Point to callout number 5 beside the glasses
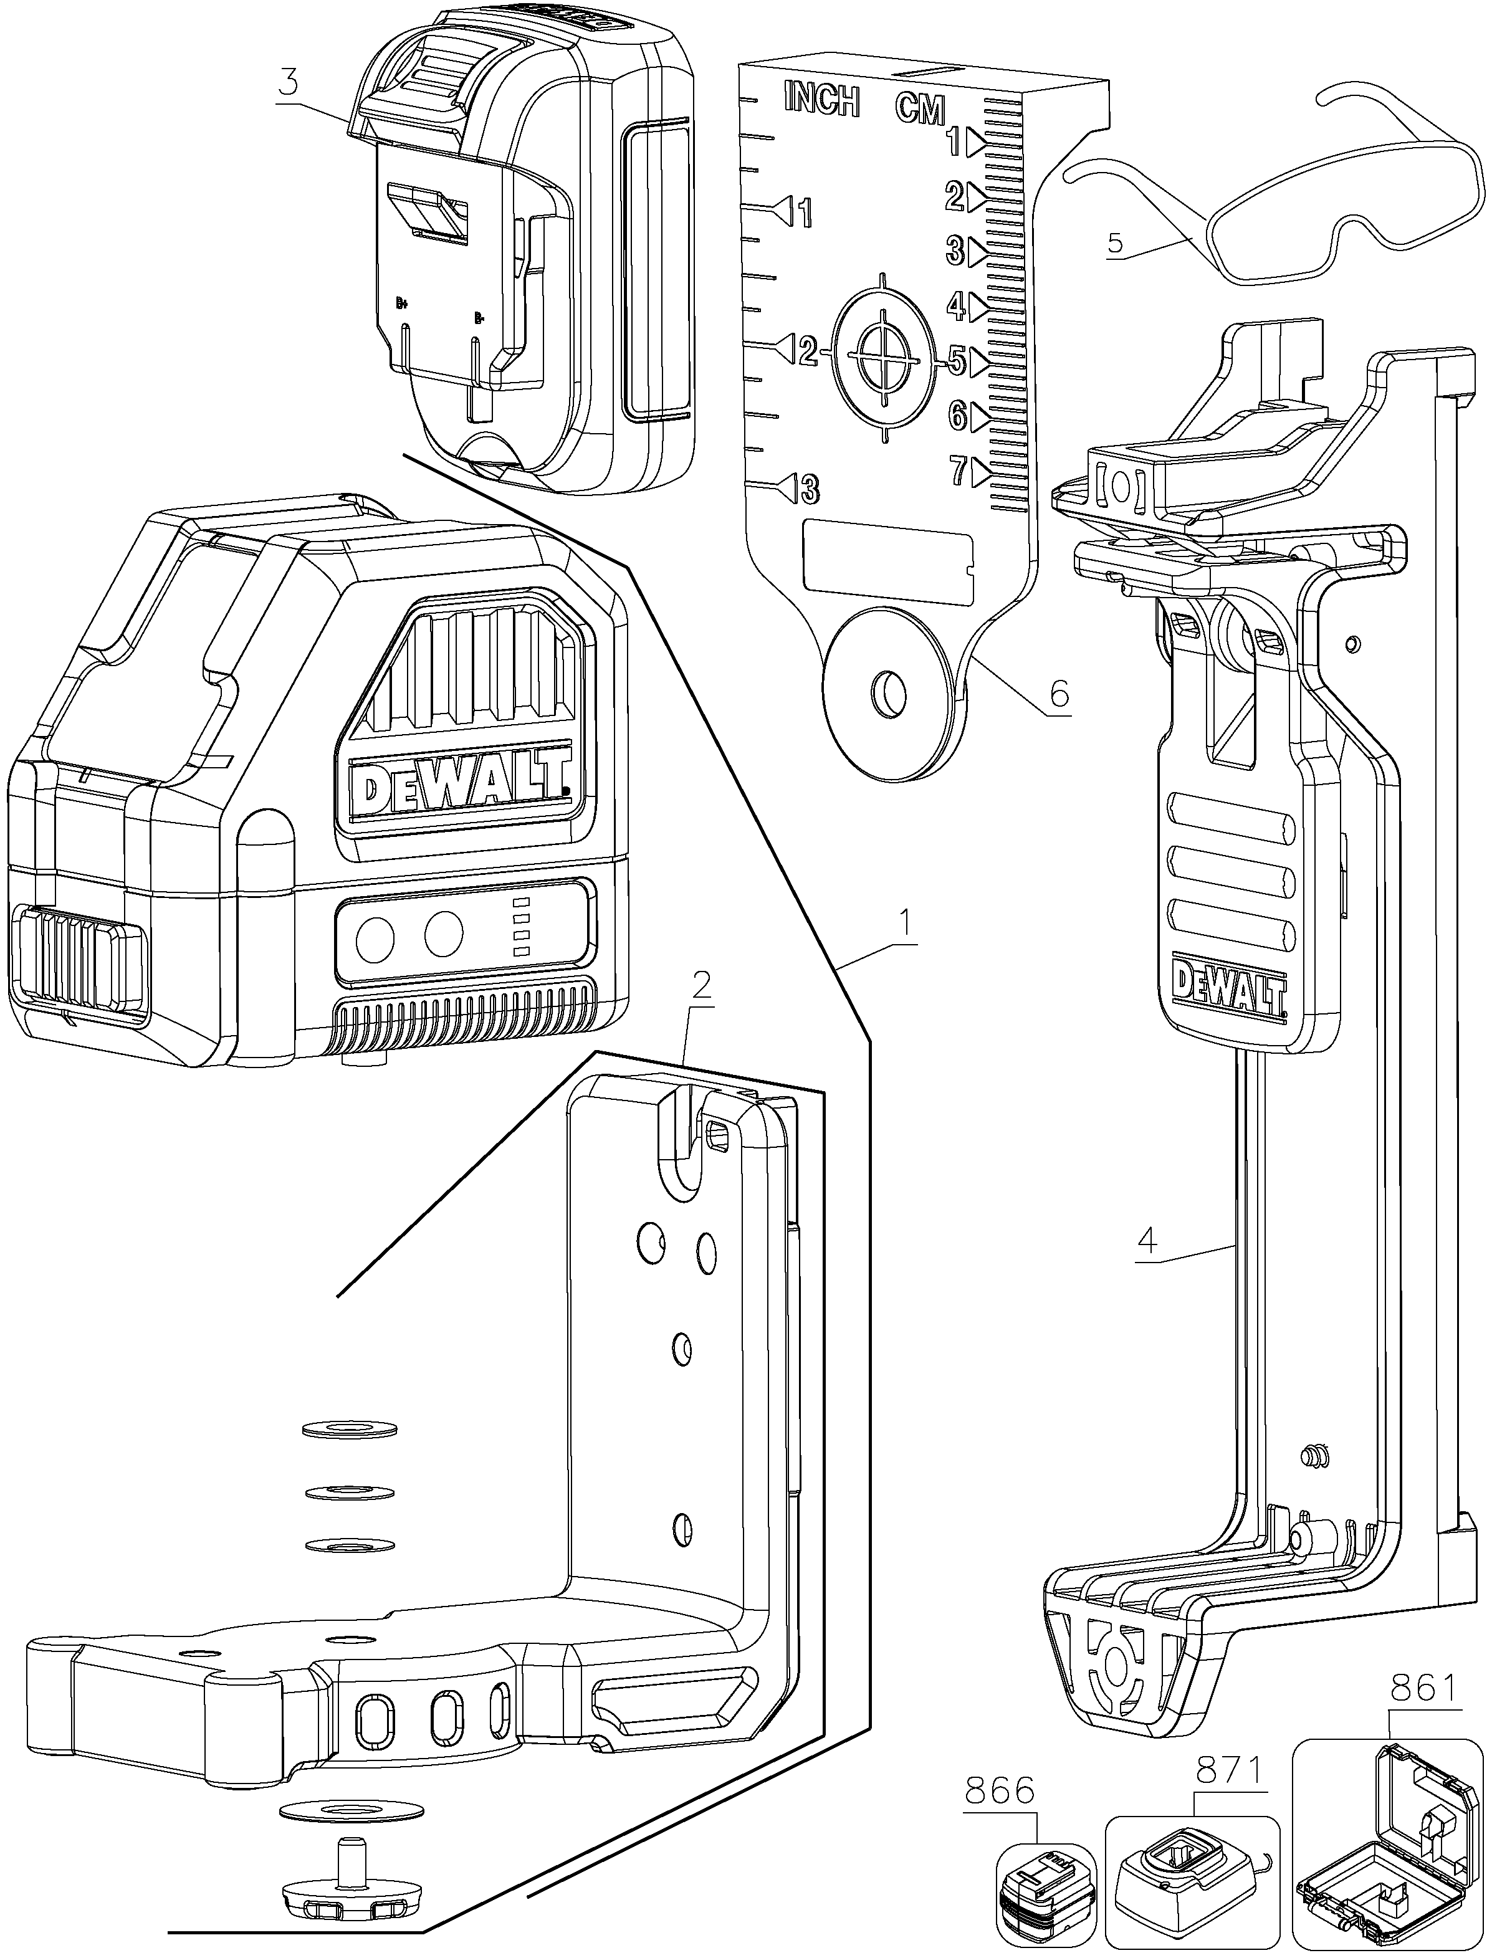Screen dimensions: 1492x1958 point(1116,242)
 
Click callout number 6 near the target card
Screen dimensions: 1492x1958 point(1059,694)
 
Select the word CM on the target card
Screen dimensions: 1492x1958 point(919,108)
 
